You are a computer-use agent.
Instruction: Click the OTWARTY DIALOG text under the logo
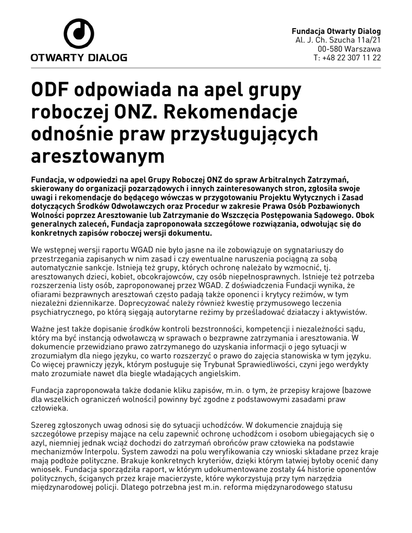click(x=79, y=57)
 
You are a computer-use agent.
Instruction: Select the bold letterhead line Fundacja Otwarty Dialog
click(x=336, y=31)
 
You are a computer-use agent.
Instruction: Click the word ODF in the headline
click(x=50, y=91)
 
